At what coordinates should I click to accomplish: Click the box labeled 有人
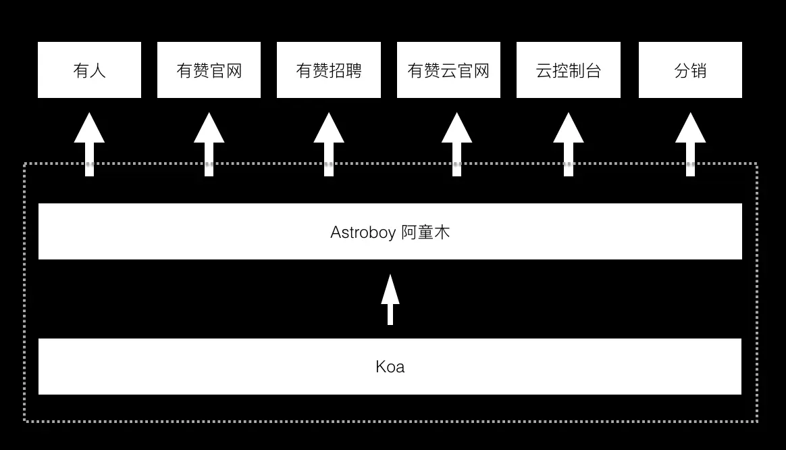89,70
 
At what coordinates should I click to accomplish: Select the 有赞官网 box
209,70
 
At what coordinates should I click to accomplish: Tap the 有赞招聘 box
329,70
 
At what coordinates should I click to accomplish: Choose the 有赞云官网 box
448,70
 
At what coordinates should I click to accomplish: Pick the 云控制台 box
569,70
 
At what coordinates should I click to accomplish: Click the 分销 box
690,70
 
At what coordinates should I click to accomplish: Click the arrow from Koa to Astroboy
390,299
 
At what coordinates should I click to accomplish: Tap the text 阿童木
425,232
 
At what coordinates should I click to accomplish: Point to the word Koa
390,367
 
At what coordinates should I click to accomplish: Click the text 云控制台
569,70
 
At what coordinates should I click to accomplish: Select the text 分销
690,70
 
